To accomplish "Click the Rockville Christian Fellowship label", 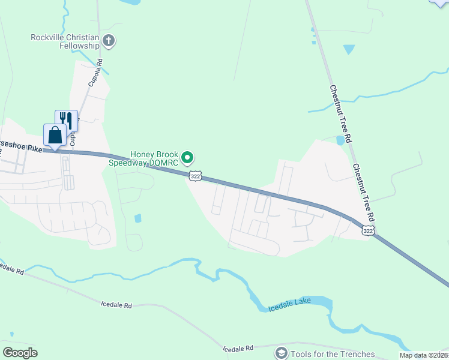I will coord(65,41).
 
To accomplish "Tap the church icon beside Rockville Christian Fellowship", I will coord(109,41).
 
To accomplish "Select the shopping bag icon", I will coord(55,135).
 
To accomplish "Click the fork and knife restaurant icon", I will coord(67,120).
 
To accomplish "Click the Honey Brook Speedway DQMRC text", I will coord(143,158).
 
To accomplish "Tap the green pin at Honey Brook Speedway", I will coord(188,158).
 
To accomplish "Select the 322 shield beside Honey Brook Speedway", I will coord(194,175).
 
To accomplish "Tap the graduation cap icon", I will coord(281,353).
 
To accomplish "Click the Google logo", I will coord(20,353).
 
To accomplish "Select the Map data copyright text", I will coord(424,355).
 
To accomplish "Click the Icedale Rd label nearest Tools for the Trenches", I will coord(238,348).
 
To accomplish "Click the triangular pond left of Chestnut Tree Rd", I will coord(348,49).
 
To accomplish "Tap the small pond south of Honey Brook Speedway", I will coord(138,218).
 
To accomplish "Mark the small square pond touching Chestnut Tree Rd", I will coord(341,140).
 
